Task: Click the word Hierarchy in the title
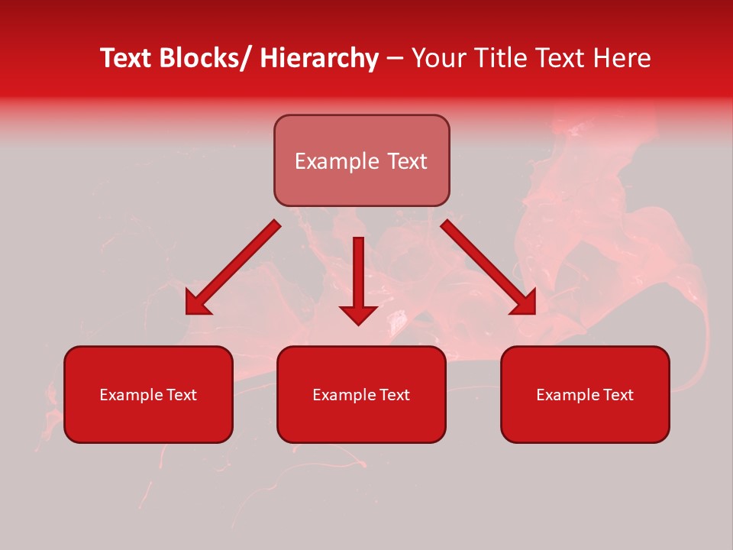319,58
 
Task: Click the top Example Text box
361,160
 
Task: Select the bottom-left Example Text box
148,394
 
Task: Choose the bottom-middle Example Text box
361,394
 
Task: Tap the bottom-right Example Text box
585,394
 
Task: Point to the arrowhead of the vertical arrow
358,314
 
